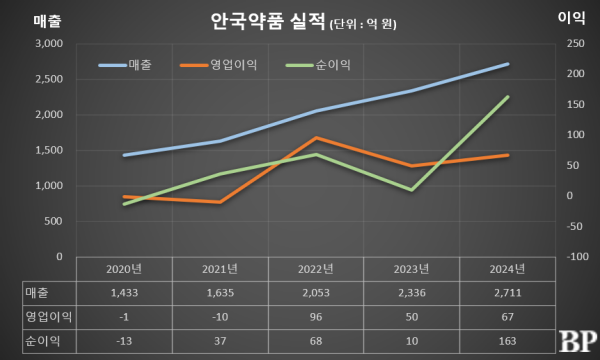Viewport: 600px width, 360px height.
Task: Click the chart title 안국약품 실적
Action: pos(268,20)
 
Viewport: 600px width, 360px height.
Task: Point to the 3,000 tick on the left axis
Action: pos(47,44)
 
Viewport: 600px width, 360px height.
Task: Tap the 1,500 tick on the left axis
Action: pos(47,150)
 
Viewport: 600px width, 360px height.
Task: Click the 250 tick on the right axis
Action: pos(574,44)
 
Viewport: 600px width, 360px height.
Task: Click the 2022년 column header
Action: pos(316,269)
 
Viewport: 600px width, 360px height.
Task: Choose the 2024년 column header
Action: pos(507,269)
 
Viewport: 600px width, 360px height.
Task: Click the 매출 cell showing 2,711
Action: pos(507,292)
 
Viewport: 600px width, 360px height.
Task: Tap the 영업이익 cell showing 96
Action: pos(316,316)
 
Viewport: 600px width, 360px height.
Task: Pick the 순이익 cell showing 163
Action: pos(507,340)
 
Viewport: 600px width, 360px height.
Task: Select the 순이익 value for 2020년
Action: pos(125,340)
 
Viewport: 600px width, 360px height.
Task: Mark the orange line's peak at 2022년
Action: pos(316,137)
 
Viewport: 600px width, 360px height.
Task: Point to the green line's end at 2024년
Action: pos(508,97)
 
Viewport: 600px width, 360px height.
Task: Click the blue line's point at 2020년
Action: pos(125,155)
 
